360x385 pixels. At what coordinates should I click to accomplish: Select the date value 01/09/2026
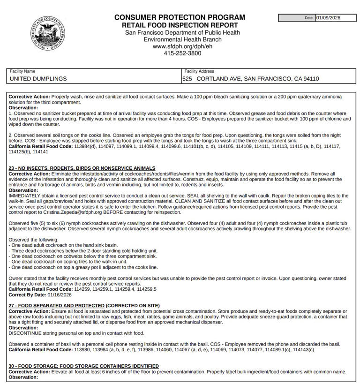point(328,18)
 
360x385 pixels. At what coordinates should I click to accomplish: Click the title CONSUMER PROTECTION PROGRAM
point(180,17)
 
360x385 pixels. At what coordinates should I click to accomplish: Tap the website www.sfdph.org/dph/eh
point(182,46)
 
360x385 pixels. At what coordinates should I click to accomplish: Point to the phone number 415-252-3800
point(182,53)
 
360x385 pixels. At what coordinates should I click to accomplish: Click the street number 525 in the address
point(187,79)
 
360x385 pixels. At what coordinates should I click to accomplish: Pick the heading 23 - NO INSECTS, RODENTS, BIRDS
point(82,168)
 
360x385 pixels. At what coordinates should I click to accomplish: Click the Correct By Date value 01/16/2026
point(60,295)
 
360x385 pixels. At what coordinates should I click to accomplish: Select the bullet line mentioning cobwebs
point(82,257)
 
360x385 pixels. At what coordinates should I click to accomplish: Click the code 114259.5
point(145,289)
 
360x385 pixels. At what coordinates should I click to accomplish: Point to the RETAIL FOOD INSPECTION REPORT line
point(180,25)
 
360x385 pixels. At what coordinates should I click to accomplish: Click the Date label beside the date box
point(308,18)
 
